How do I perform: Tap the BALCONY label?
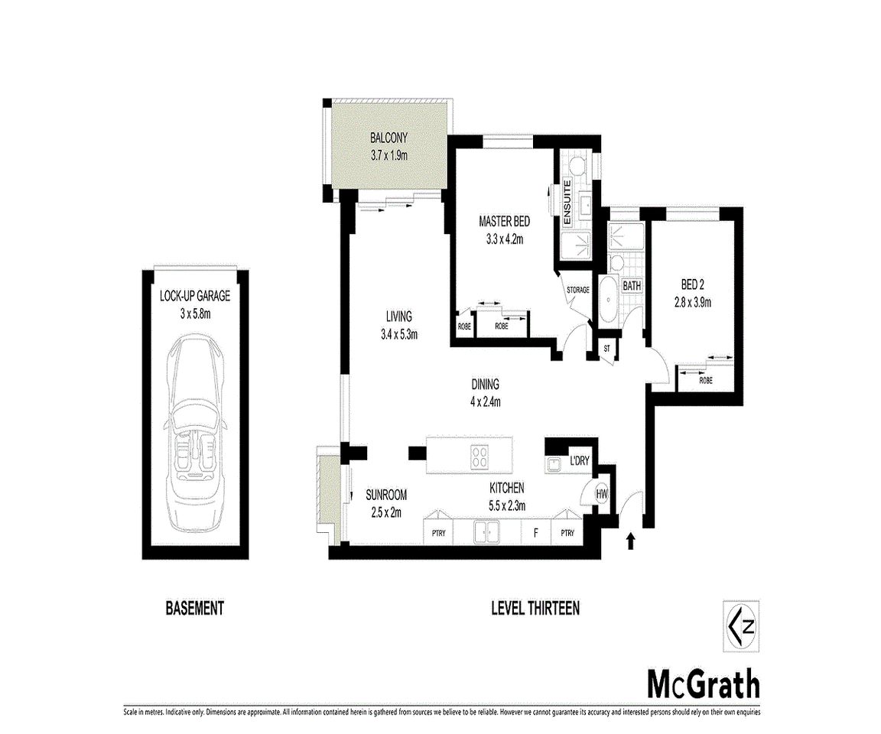coord(388,138)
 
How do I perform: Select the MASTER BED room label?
coord(504,222)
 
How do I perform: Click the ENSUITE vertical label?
coord(567,202)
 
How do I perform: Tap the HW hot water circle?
coord(602,495)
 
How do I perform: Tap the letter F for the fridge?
coord(535,533)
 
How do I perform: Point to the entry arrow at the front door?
coord(630,541)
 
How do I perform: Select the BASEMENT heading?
coord(195,609)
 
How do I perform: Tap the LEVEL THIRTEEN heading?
coord(535,609)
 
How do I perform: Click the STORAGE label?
coord(578,291)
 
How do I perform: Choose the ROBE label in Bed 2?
coord(706,379)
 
